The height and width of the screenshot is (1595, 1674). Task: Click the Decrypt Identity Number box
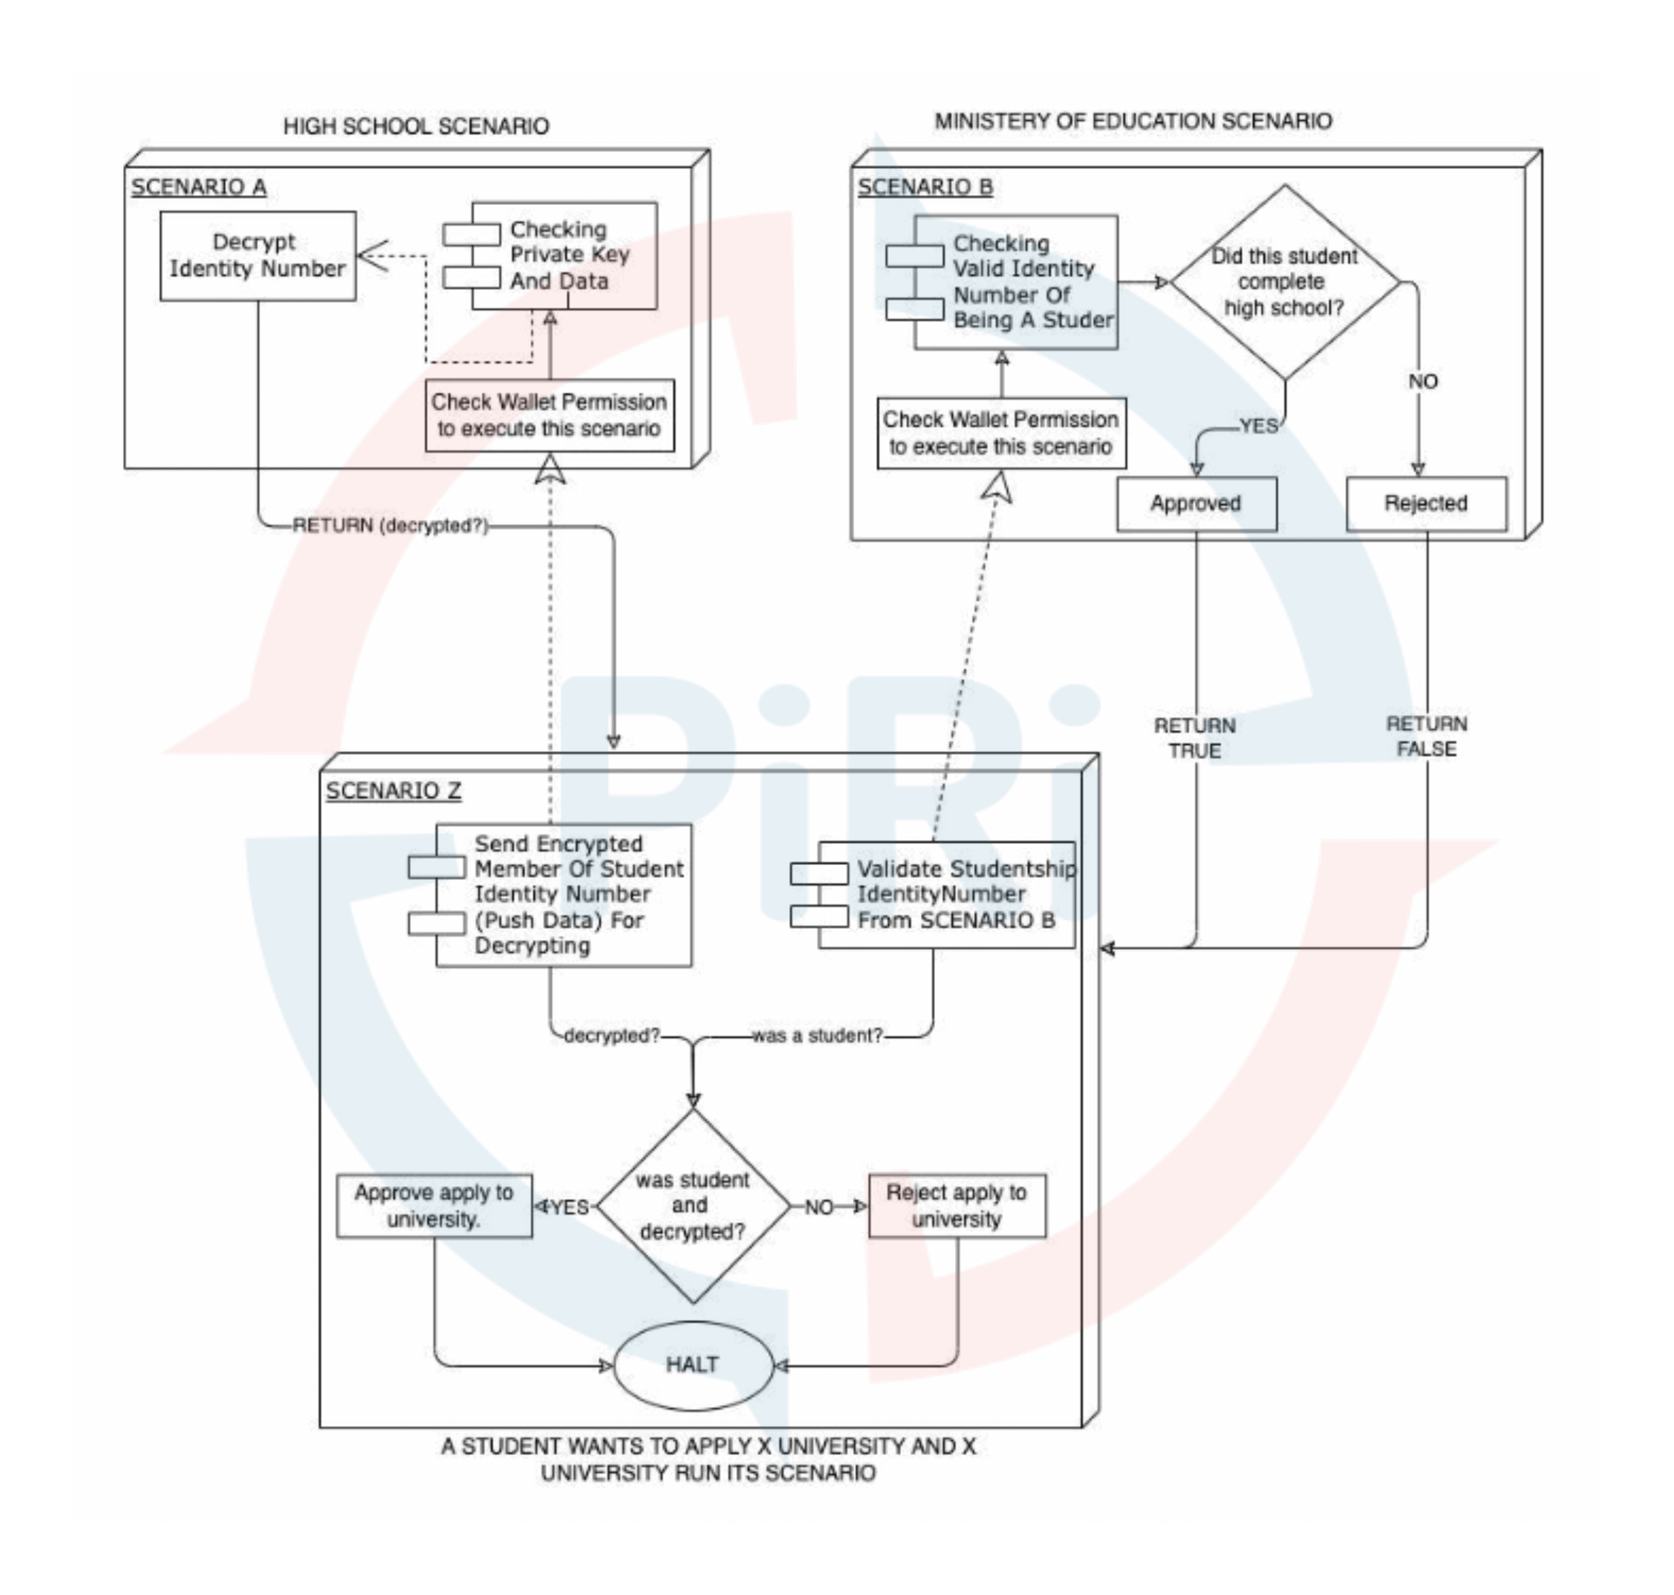[x=257, y=255]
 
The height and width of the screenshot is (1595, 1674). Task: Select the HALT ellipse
[x=692, y=1365]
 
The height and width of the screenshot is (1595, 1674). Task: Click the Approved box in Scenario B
[x=1195, y=503]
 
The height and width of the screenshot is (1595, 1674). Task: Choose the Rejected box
[x=1425, y=503]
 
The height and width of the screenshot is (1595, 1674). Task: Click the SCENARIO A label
[x=198, y=187]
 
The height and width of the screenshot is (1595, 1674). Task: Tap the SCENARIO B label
[x=925, y=187]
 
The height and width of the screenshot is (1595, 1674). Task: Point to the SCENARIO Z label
[x=394, y=790]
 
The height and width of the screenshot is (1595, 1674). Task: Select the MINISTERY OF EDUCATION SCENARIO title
[x=1133, y=122]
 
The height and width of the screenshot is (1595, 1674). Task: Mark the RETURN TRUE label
[x=1195, y=738]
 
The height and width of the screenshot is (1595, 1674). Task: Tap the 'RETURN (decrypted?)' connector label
[x=390, y=526]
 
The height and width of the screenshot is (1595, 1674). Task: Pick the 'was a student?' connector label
[x=817, y=1035]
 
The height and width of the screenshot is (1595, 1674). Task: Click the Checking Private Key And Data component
[x=564, y=255]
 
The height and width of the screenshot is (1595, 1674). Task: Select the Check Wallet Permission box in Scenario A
[x=549, y=415]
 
